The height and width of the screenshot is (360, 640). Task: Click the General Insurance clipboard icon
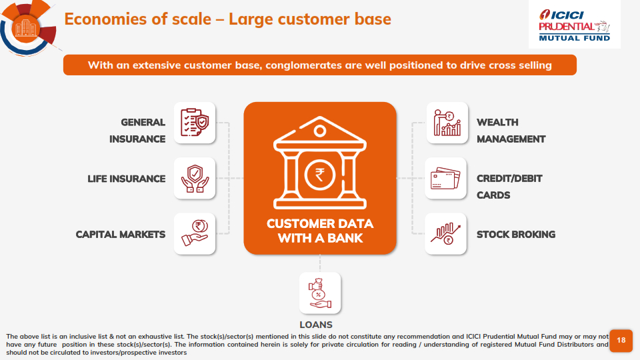(195, 122)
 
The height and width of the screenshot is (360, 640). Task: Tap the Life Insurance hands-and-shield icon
(195, 179)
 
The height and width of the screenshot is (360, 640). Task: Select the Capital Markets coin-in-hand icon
(195, 233)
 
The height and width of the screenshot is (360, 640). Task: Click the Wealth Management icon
(447, 123)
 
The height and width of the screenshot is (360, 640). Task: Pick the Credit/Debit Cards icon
(445, 179)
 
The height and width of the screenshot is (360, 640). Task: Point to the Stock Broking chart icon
(445, 234)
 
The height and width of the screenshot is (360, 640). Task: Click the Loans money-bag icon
(319, 293)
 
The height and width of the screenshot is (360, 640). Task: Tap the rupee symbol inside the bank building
(319, 175)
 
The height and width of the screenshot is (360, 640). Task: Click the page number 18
(621, 340)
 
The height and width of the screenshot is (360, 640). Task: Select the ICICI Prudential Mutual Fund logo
(574, 25)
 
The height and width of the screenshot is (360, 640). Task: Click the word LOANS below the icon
(316, 325)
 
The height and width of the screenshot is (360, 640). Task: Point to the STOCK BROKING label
(516, 234)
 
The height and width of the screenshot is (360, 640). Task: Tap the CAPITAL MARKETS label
(121, 234)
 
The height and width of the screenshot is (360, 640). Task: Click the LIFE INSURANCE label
(127, 179)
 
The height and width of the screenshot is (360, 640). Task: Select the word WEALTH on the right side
(497, 123)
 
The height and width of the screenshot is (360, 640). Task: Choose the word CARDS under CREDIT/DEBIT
(493, 195)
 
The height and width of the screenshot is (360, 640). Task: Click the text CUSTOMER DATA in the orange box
(320, 224)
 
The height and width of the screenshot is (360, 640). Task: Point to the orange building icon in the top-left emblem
(25, 28)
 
